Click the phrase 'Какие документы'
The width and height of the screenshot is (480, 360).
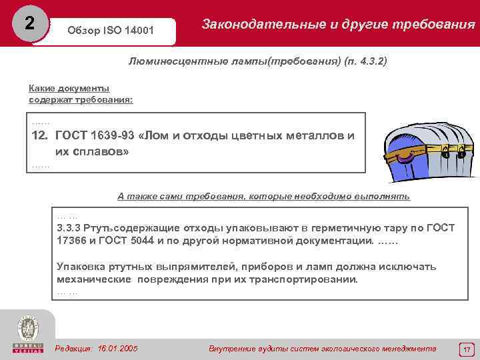pyautogui.click(x=69, y=88)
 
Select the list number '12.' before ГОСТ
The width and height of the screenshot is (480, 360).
pyautogui.click(x=40, y=135)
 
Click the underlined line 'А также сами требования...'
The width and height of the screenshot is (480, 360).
pyautogui.click(x=264, y=196)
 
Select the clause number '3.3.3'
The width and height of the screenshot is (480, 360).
pyautogui.click(x=69, y=228)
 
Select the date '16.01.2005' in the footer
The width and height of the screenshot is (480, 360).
pyautogui.click(x=118, y=348)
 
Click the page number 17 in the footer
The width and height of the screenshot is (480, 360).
pyautogui.click(x=467, y=349)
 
